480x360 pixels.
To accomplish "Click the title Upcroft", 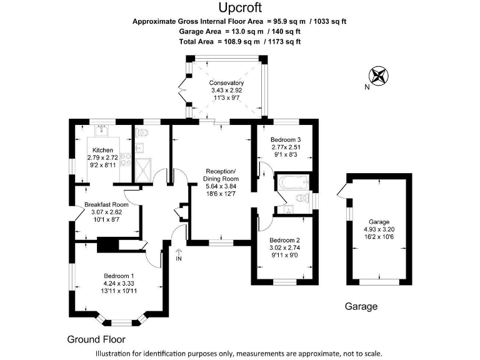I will [x=240, y=7].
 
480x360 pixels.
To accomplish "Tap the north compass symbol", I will [x=378, y=76].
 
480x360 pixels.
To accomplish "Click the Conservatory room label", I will [x=226, y=83].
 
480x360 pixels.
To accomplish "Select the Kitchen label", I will [x=102, y=151].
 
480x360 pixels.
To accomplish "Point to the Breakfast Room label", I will [x=106, y=204].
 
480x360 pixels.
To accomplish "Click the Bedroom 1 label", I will [x=119, y=276].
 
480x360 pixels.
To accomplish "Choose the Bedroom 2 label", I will [x=285, y=241].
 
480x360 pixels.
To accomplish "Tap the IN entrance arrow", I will [x=179, y=252].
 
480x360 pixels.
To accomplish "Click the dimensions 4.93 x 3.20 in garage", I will [x=379, y=229].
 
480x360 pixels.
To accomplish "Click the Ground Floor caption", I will [x=96, y=340].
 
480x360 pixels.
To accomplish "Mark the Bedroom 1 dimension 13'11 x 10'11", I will [x=119, y=291].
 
